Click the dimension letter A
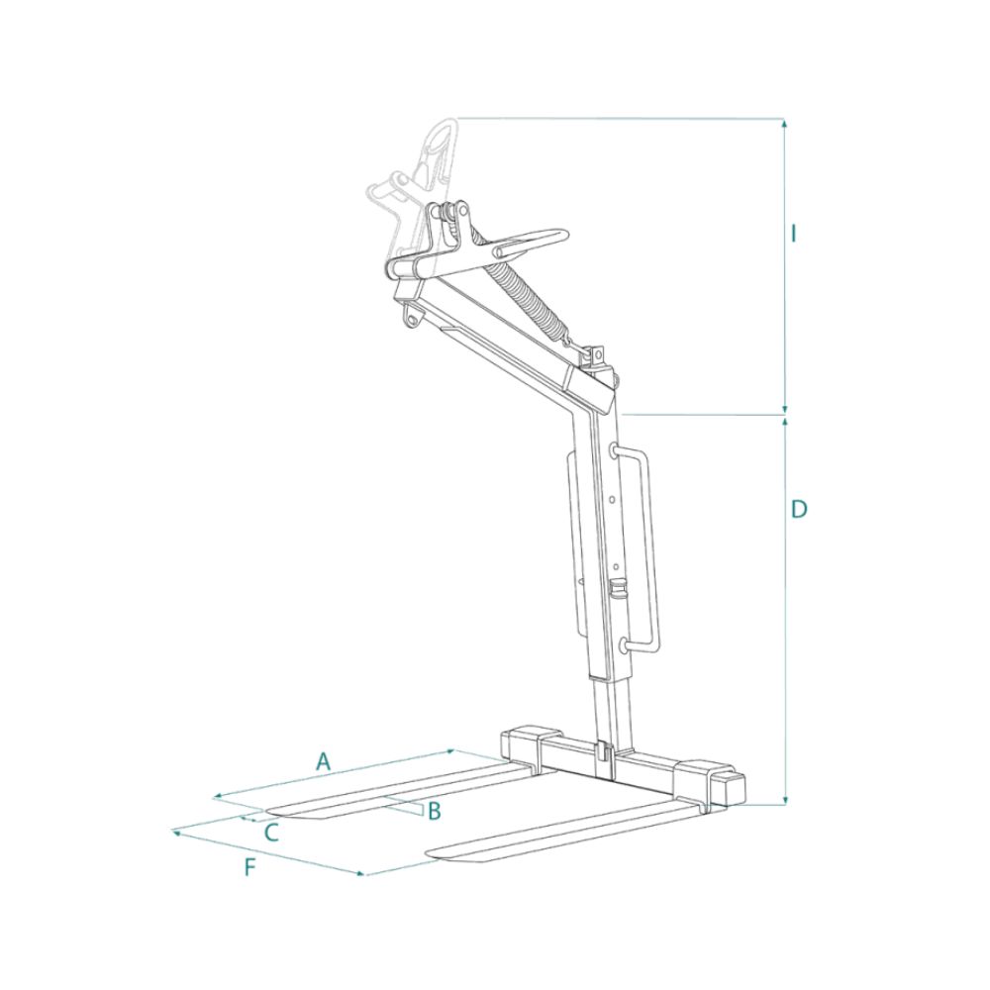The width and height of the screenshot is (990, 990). point(322,761)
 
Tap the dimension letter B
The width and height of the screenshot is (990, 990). point(433,811)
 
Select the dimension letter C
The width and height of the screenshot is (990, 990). point(270,833)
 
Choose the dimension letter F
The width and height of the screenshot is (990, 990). point(250,868)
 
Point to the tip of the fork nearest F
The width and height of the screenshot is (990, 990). point(436,852)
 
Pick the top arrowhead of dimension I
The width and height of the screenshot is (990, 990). point(785,124)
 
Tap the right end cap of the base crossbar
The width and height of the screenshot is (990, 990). point(731,787)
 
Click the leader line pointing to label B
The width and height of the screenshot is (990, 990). point(401,803)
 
